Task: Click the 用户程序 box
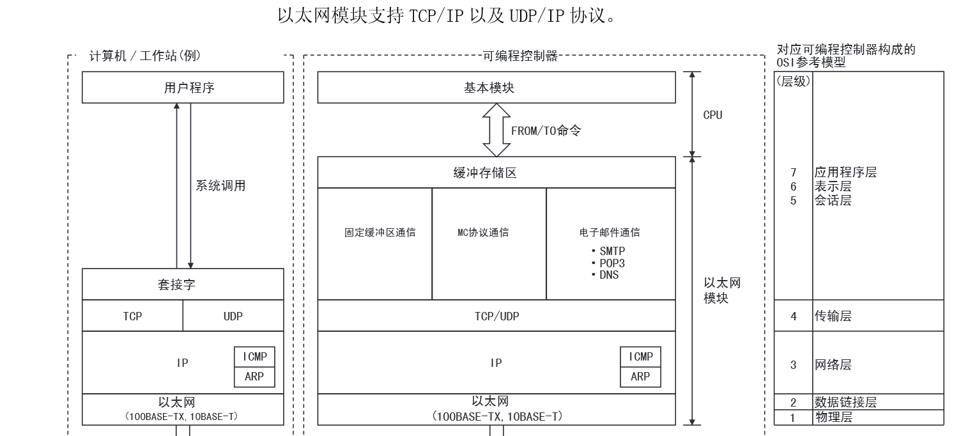(183, 88)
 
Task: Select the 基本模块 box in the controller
(496, 88)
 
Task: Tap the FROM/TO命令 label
(546, 131)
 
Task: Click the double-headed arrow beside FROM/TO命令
(496, 130)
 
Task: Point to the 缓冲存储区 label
(485, 173)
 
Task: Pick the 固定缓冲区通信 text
(380, 233)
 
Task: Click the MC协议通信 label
(483, 233)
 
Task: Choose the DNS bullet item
(608, 275)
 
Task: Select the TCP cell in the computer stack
(132, 316)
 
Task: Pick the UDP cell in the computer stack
(233, 316)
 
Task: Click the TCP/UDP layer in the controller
(496, 316)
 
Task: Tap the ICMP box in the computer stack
(254, 357)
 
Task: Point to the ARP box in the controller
(640, 377)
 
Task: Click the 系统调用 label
(220, 186)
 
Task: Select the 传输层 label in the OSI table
(833, 316)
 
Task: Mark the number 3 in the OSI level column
(794, 365)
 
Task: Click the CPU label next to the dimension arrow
(712, 115)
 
